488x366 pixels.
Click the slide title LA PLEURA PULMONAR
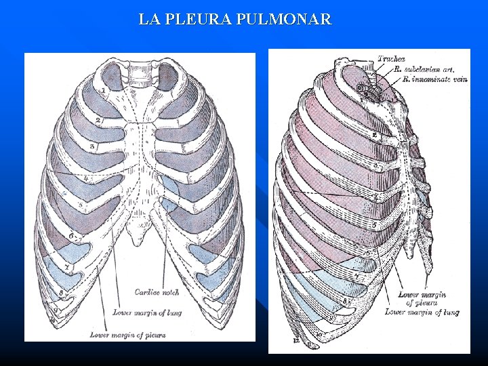235,20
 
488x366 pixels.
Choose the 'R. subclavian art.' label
424,68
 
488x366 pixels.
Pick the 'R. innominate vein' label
434,79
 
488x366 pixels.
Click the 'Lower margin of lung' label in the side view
422,312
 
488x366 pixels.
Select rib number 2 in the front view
98,120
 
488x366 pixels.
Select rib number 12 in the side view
296,342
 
